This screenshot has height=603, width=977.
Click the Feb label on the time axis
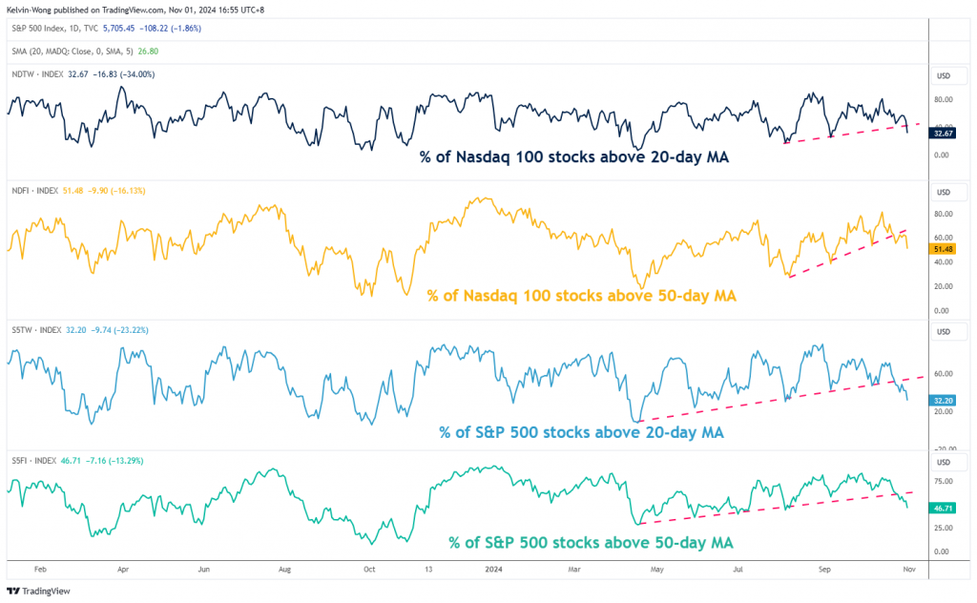(41, 568)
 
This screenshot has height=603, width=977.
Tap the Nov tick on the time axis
(908, 568)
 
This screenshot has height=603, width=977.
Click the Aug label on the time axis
(284, 568)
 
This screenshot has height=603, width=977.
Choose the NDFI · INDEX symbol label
(33, 191)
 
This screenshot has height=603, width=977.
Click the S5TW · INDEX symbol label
(33, 330)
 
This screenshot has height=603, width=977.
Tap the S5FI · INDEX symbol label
(32, 460)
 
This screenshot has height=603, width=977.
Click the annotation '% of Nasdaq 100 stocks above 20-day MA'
(574, 156)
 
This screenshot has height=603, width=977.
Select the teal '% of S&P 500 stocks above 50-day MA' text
(591, 542)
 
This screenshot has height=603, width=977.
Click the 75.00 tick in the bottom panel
(941, 482)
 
